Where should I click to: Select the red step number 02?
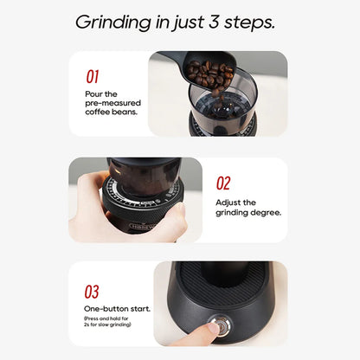pos(223,183)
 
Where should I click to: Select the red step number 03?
pos(93,292)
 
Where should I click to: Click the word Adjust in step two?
pos(229,202)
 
